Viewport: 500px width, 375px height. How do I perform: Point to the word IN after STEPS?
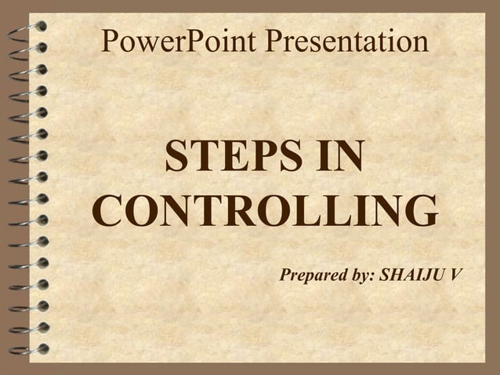(x=335, y=158)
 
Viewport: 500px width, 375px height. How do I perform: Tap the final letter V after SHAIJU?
(x=456, y=275)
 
